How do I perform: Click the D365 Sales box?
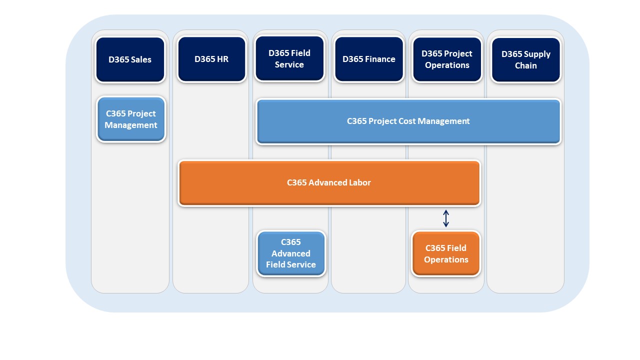click(x=130, y=59)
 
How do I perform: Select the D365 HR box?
click(x=211, y=59)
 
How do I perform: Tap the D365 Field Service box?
click(x=289, y=58)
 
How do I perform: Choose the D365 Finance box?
click(x=369, y=59)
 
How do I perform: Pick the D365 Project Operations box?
click(x=447, y=59)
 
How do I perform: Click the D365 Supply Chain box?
click(x=526, y=59)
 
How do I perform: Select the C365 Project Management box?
click(x=131, y=119)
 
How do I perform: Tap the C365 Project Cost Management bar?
click(x=408, y=121)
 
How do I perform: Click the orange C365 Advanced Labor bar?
click(x=329, y=183)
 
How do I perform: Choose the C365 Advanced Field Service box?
click(x=291, y=253)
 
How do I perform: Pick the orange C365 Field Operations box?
click(x=446, y=253)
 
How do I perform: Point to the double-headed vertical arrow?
click(x=446, y=218)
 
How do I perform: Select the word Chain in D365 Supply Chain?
click(x=526, y=65)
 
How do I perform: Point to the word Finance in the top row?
click(x=381, y=59)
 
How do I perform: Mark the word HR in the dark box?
click(x=223, y=59)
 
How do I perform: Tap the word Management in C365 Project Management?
click(x=131, y=125)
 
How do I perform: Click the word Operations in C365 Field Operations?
click(x=446, y=259)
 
